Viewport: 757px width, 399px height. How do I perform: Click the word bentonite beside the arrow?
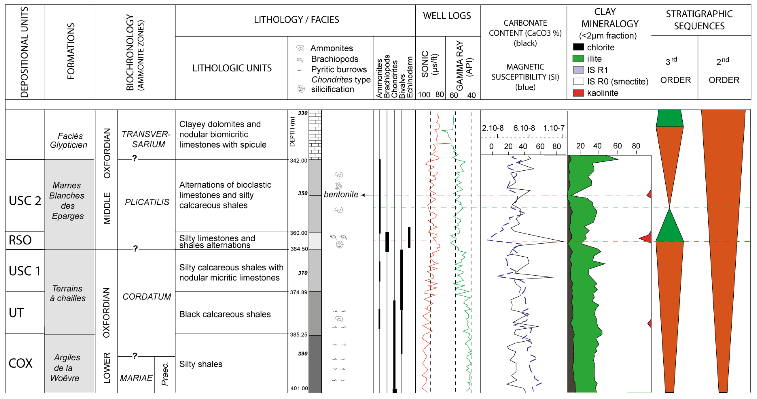click(x=341, y=195)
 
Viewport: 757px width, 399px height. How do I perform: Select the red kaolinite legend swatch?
click(x=578, y=93)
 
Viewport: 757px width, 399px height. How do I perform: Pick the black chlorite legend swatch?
click(x=578, y=47)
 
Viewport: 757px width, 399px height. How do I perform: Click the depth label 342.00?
click(x=299, y=161)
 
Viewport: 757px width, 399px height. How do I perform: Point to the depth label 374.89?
click(x=299, y=292)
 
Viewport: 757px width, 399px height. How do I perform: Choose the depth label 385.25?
click(x=299, y=335)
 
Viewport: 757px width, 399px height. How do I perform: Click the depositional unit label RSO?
click(x=20, y=240)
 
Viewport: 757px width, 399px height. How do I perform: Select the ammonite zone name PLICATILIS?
click(x=147, y=202)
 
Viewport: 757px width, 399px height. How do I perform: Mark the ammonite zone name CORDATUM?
click(x=147, y=297)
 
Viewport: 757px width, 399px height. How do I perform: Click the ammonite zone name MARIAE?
click(x=136, y=378)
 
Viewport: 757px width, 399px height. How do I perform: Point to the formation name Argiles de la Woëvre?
click(x=66, y=368)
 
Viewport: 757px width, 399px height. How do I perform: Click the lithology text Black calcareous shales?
click(x=225, y=314)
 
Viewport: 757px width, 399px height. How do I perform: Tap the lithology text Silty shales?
click(x=201, y=364)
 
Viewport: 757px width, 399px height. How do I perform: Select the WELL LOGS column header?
click(x=447, y=16)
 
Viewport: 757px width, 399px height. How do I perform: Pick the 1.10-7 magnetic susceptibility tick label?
click(x=554, y=128)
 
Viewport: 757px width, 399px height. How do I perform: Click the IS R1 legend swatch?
click(x=578, y=70)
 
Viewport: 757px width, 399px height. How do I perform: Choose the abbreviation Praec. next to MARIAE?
click(x=165, y=374)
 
